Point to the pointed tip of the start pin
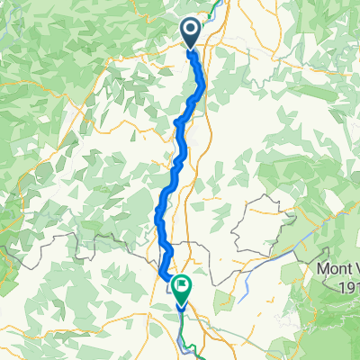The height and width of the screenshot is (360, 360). [x=192, y=49]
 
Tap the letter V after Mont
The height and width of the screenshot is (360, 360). [x=355, y=268]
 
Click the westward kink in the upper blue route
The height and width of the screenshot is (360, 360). [x=177, y=122]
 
